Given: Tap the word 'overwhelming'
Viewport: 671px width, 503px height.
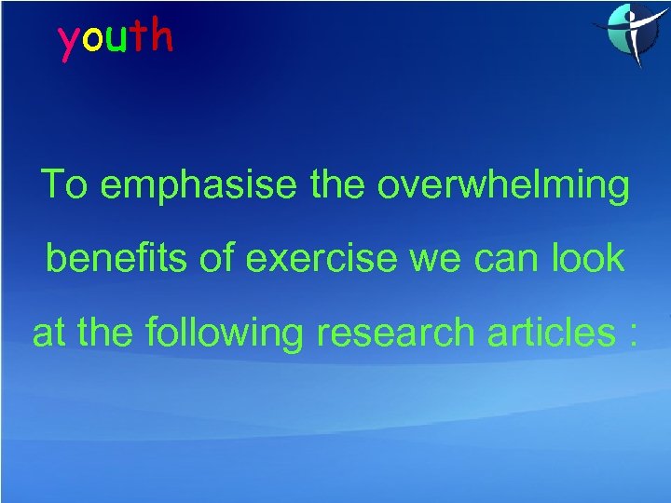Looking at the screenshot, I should coord(503,186).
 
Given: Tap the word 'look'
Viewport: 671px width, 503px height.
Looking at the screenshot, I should coord(588,259).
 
